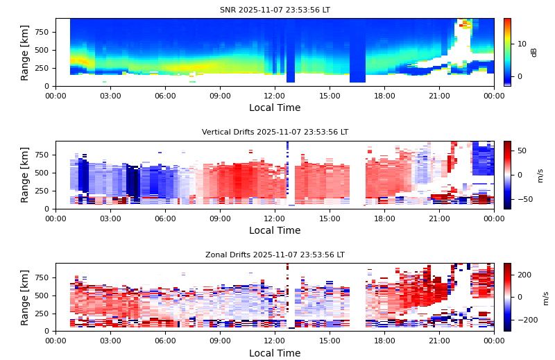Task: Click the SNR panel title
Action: tap(275, 10)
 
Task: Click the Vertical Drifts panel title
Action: tap(275, 132)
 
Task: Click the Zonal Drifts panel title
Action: tap(275, 255)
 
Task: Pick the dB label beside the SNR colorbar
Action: tap(534, 52)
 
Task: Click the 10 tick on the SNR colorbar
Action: tap(522, 43)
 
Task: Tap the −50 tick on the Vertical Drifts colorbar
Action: tap(522, 199)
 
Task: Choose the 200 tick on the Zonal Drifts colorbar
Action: tap(524, 275)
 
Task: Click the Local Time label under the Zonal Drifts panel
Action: tap(275, 353)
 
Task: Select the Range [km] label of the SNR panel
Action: tap(26, 52)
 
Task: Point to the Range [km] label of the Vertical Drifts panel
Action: tap(26, 175)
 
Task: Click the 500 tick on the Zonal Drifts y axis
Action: tap(42, 295)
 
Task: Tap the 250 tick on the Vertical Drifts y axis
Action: tap(42, 191)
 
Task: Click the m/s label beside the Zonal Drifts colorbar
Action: tap(545, 297)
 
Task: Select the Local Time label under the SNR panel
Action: tap(275, 108)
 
